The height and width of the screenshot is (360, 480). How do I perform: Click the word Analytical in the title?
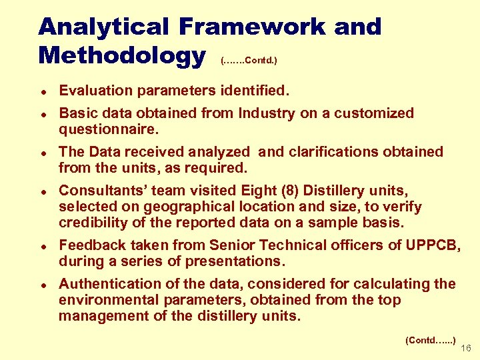click(104, 27)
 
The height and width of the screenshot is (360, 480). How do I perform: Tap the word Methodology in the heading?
click(122, 55)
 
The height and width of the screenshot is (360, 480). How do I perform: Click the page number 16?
click(466, 348)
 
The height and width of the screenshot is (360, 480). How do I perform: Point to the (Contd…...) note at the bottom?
click(431, 340)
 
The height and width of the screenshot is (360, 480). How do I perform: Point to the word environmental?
click(107, 300)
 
